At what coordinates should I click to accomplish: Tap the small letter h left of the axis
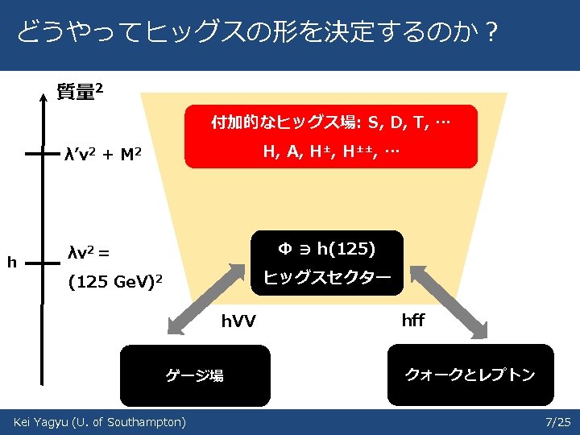[x=10, y=262]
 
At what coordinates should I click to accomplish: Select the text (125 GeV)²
[x=116, y=282]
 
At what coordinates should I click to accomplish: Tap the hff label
[x=412, y=321]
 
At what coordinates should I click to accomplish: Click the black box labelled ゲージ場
[x=195, y=375]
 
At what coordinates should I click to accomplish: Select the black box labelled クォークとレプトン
[x=470, y=375]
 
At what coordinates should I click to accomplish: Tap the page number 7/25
[x=557, y=422]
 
